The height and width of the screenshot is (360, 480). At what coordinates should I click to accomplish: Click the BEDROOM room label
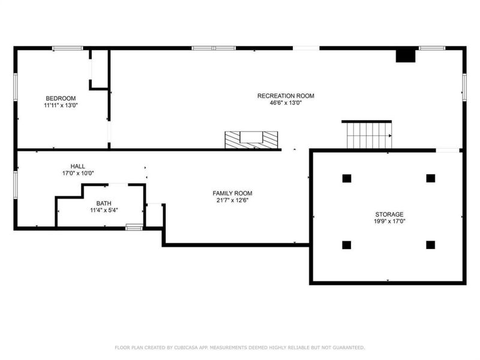coord(61,98)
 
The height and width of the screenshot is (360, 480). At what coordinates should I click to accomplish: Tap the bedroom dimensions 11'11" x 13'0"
coord(61,105)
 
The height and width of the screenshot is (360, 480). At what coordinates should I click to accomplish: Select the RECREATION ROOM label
coord(286,96)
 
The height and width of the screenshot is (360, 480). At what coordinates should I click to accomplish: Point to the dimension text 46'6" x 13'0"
coord(286,103)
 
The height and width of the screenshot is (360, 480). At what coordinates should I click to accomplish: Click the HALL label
coord(77,166)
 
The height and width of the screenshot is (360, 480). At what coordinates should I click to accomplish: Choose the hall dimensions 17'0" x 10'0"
coord(77,173)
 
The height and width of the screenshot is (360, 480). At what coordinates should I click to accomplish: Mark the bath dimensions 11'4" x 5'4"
coord(104,211)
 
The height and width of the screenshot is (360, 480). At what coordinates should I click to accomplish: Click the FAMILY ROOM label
coord(232,193)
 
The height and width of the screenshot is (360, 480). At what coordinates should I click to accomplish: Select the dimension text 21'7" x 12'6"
coord(232,200)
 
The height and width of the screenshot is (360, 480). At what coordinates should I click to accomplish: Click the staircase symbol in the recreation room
coord(367,136)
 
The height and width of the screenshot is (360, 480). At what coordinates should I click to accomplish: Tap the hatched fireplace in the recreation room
coord(252,140)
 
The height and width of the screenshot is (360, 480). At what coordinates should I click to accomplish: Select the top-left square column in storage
coord(346,178)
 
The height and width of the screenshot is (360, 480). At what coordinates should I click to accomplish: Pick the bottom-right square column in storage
coord(430,245)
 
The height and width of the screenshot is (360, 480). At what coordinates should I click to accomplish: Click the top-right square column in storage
coord(430,178)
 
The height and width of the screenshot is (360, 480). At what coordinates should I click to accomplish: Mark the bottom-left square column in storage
coord(346,245)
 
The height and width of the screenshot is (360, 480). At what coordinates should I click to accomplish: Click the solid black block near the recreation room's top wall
coord(406,55)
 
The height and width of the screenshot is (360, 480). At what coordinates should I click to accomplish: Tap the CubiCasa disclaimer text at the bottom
coord(239,347)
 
